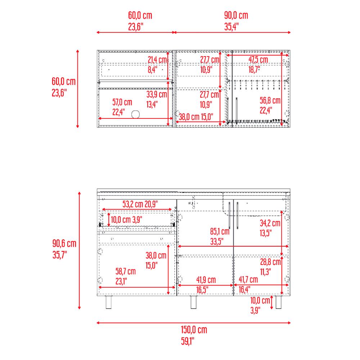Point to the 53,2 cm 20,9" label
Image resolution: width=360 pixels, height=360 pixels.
140,204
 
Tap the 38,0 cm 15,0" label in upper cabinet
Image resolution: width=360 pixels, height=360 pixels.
195,117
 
